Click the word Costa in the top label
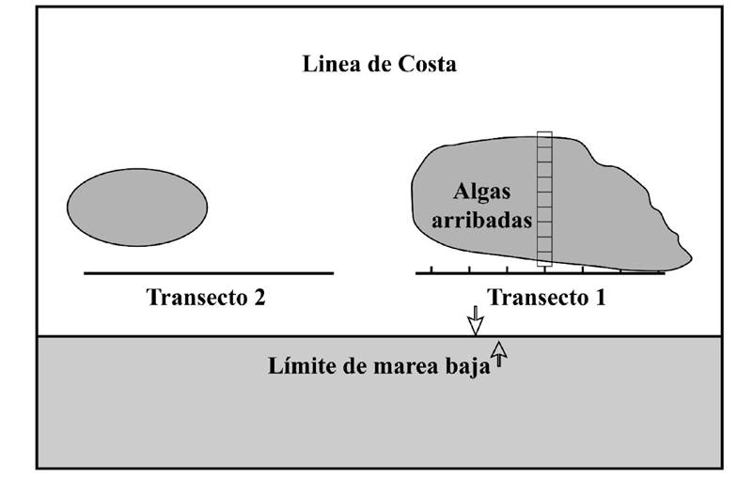(x=428, y=65)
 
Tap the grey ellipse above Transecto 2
(x=137, y=207)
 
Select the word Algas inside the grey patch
(x=481, y=192)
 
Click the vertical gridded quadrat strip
(x=544, y=199)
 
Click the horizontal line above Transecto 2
(x=208, y=273)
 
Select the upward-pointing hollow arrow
(x=499, y=353)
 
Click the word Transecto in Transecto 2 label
(x=194, y=298)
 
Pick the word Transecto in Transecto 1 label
(x=534, y=298)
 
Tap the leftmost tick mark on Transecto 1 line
(x=431, y=269)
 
